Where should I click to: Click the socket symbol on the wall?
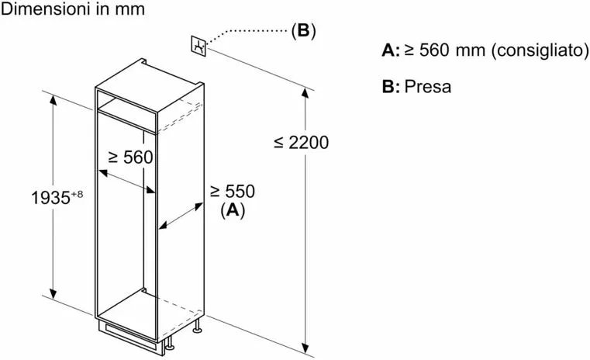tap(199, 46)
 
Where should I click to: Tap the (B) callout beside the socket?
tap(303, 32)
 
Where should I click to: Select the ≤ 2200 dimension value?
tap(302, 142)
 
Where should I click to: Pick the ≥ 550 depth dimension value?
tap(232, 191)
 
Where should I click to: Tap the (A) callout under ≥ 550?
tap(232, 209)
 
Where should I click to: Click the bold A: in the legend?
tap(391, 51)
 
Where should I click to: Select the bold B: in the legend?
tap(391, 87)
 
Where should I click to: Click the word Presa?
tap(427, 87)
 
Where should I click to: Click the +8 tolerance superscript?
tap(76, 193)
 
